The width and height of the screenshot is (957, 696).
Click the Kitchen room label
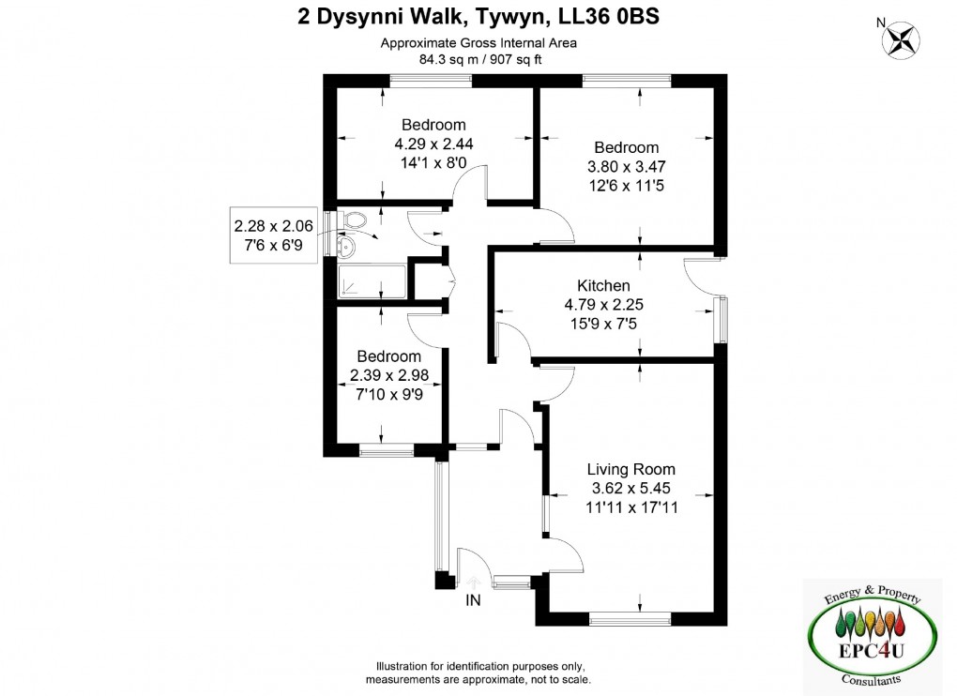tap(603, 285)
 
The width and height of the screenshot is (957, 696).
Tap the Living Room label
tap(630, 469)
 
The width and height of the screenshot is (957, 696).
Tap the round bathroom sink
tap(346, 247)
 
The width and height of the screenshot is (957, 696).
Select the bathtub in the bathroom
tap(372, 280)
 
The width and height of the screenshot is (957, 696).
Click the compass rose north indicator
tap(902, 39)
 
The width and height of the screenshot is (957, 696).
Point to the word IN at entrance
tap(474, 601)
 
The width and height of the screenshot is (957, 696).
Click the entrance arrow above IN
tap(474, 583)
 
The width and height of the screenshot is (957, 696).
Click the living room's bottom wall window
tap(630, 617)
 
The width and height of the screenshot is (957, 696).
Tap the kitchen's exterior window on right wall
tap(722, 319)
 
